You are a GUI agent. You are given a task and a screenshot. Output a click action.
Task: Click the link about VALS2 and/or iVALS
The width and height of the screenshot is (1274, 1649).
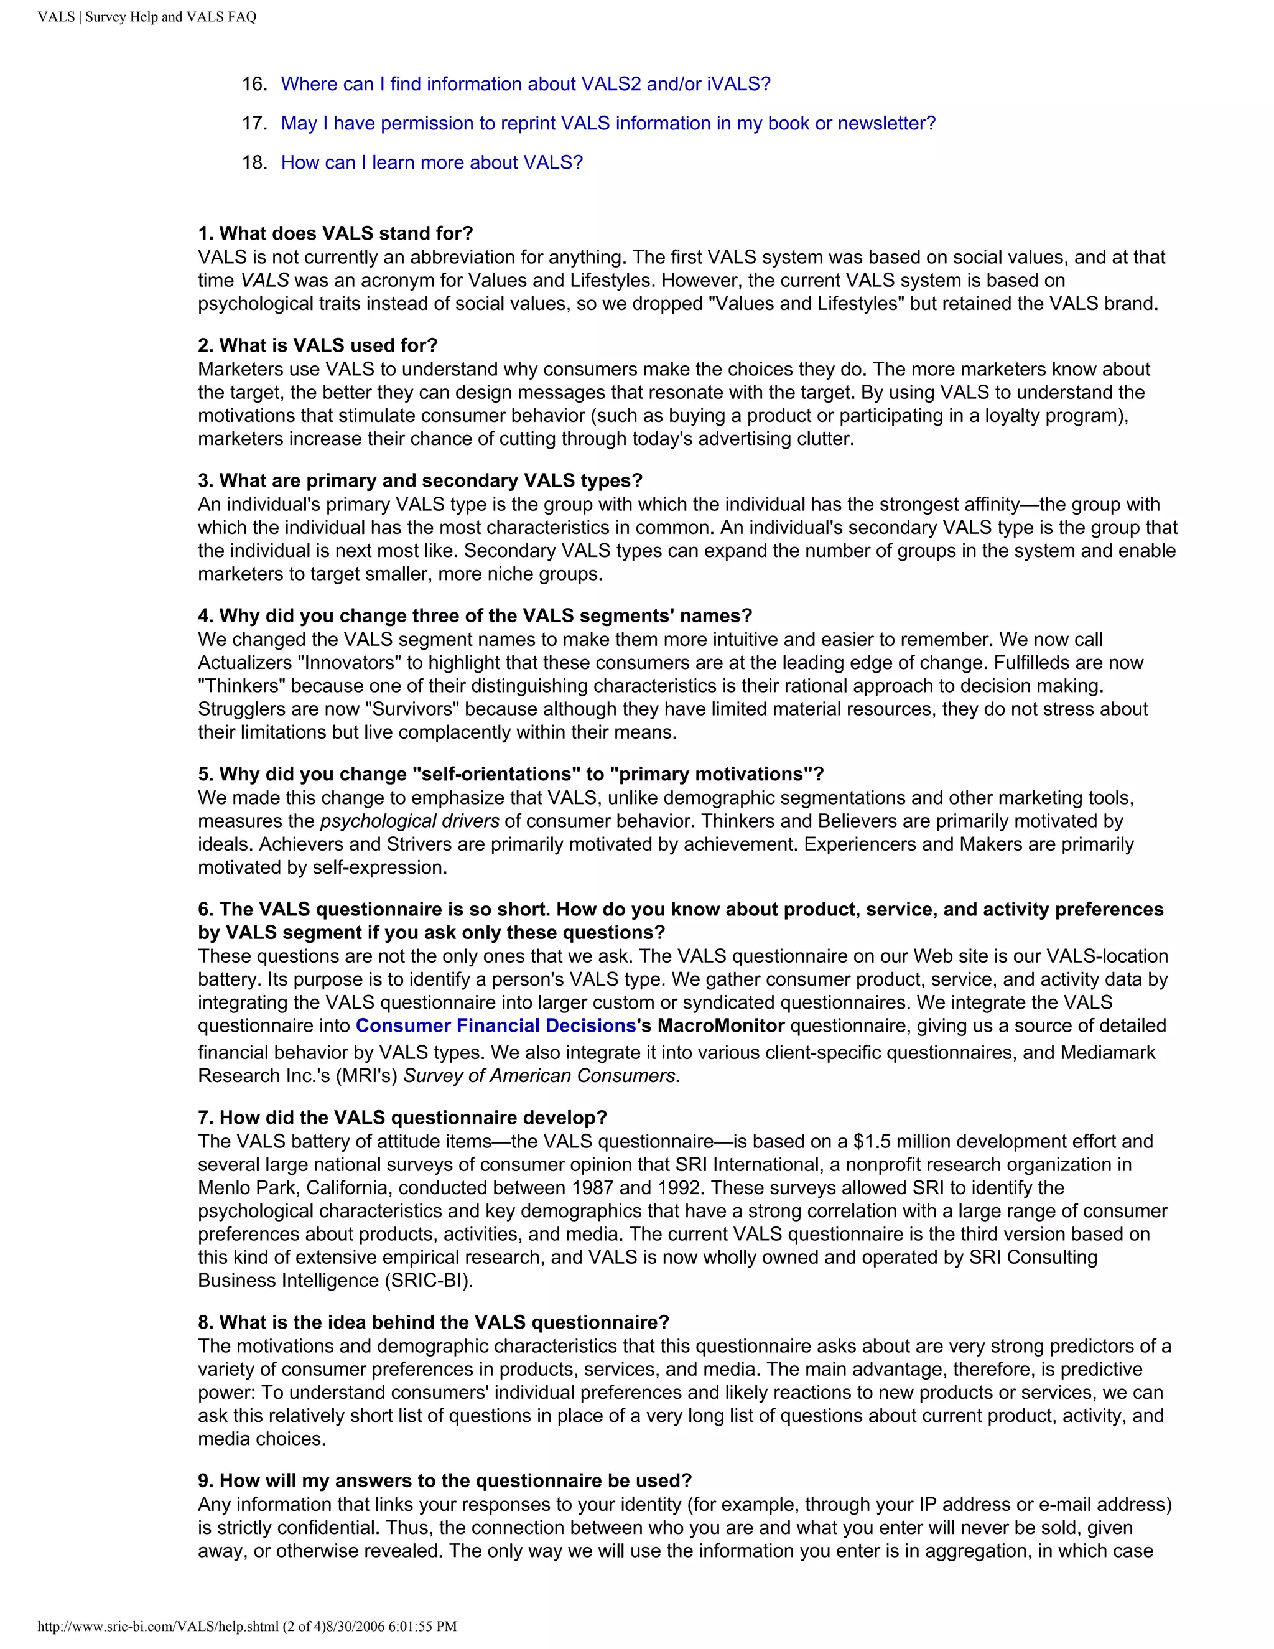(x=525, y=84)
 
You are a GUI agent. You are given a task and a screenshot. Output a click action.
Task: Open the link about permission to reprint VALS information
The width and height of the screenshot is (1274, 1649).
(x=608, y=123)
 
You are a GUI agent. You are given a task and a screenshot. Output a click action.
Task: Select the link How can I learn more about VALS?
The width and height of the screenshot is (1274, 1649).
(x=432, y=162)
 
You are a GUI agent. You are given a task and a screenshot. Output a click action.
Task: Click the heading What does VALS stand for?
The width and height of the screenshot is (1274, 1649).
(x=335, y=233)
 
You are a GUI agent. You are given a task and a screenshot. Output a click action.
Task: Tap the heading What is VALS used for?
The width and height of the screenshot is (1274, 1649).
(x=318, y=345)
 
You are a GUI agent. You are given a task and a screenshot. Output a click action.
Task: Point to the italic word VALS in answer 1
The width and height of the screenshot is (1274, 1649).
(x=264, y=280)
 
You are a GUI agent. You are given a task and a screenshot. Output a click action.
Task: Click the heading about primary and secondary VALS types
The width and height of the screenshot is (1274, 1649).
(x=420, y=480)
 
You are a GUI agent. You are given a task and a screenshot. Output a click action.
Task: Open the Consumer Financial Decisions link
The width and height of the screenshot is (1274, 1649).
(x=496, y=1025)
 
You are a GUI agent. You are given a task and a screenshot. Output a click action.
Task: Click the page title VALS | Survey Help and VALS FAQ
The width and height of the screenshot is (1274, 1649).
(x=147, y=17)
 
